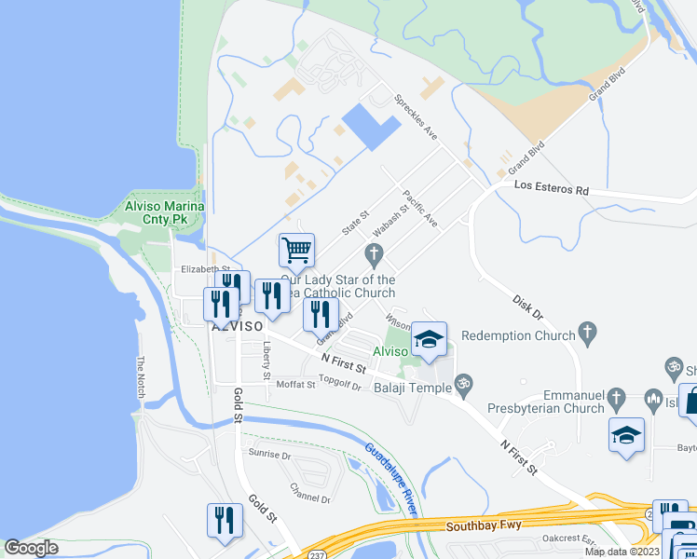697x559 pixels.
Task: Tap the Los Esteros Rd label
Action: pyautogui.click(x=553, y=189)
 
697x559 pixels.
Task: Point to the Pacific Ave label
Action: pyautogui.click(x=419, y=209)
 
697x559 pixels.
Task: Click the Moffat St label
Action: pyautogui.click(x=296, y=384)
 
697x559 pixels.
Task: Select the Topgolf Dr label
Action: pyautogui.click(x=339, y=381)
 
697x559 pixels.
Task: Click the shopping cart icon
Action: pyautogui.click(x=296, y=249)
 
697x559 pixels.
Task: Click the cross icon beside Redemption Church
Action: pyautogui.click(x=586, y=331)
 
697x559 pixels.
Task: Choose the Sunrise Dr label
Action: pyautogui.click(x=270, y=456)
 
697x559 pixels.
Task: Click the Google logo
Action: pyautogui.click(x=32, y=548)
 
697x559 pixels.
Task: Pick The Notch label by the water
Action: pyautogui.click(x=142, y=377)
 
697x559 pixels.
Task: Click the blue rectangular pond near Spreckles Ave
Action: pyautogui.click(x=372, y=126)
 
